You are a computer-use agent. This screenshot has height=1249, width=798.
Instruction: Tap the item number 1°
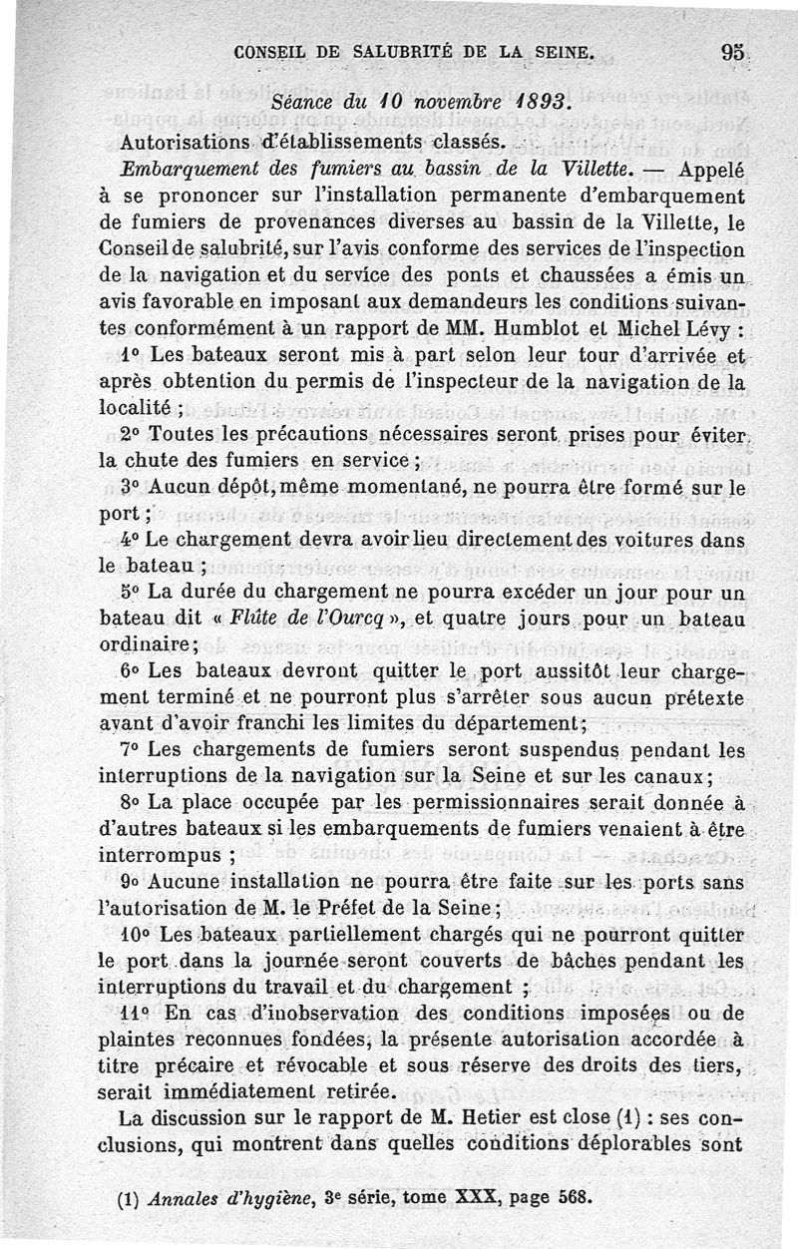tap(132, 355)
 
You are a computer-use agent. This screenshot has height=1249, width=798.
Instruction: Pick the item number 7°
tap(132, 749)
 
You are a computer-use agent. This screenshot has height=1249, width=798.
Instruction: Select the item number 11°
tap(136, 1014)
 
